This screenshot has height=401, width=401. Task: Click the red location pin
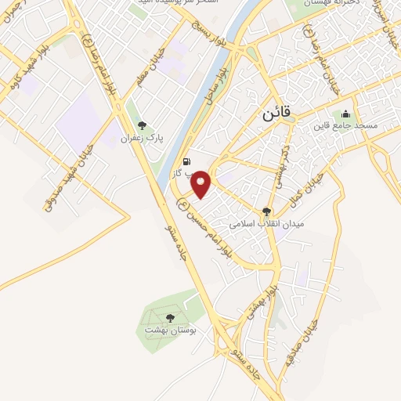click(202, 182)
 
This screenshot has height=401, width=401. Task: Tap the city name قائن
click(274, 113)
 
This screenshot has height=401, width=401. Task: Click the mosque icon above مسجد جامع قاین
click(345, 114)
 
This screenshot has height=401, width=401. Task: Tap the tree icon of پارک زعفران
click(142, 125)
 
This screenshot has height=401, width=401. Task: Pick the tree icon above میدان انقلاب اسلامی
click(266, 211)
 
